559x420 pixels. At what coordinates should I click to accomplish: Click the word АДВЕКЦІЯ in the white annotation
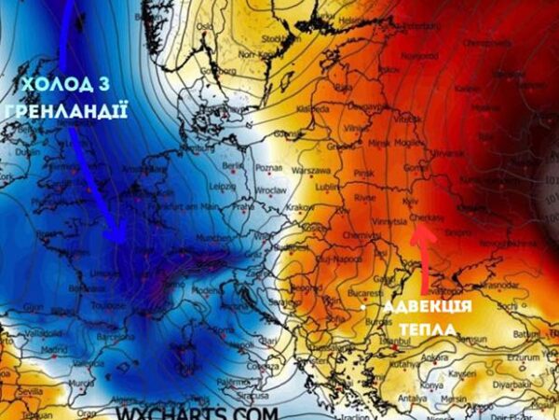tap(429, 308)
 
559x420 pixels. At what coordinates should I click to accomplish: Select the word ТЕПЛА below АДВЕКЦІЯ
tap(428, 329)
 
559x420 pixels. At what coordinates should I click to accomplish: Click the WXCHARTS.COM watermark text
tap(198, 412)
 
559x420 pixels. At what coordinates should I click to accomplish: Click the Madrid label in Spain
tap(54, 350)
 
